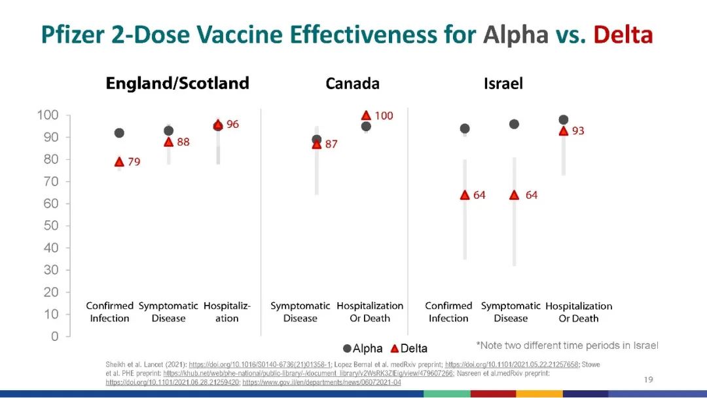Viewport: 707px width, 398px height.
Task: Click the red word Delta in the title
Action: coord(623,34)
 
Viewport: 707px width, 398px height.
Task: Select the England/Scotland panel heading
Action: coord(177,83)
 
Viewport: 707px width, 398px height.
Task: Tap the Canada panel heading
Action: coord(352,84)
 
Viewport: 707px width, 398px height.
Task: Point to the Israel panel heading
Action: coord(503,84)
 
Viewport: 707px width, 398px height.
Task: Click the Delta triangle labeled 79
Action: coord(119,162)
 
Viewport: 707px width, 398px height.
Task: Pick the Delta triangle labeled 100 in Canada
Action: coord(366,115)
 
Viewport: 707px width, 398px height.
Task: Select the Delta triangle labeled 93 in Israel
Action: coord(563,130)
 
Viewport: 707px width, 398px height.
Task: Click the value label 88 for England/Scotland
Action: coord(183,142)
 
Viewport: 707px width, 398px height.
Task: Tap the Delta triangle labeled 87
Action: coord(317,144)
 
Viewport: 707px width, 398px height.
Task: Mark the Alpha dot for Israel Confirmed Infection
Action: coord(465,129)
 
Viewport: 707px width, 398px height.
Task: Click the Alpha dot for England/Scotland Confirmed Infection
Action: coord(119,133)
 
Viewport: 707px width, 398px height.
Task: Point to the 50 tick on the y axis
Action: coord(51,226)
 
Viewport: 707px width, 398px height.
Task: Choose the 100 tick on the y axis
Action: coord(48,115)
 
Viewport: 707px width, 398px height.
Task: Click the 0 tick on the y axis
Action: coord(55,336)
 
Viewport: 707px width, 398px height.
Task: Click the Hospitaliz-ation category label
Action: coord(227,312)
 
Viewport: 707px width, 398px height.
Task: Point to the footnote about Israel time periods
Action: coord(567,346)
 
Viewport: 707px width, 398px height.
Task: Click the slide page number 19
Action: coord(649,379)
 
